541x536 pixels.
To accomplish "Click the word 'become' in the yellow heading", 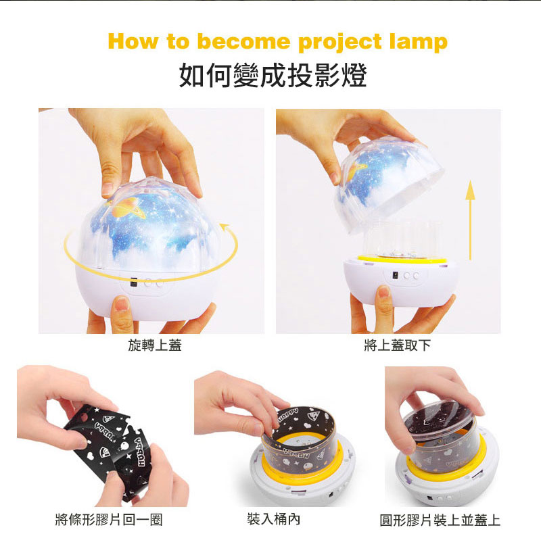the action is [x=243, y=41].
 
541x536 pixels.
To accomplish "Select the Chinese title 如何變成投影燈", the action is [x=273, y=75].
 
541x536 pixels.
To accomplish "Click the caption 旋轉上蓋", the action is [x=155, y=345].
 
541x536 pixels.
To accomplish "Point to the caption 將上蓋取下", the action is [x=397, y=345].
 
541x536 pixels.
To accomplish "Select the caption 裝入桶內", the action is [x=273, y=518].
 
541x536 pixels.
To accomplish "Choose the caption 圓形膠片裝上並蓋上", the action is [x=440, y=520].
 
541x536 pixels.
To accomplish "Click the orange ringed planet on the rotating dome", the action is [x=128, y=209].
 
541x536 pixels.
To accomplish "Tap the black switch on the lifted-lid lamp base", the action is [x=396, y=275].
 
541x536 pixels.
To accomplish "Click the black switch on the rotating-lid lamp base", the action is [x=134, y=281].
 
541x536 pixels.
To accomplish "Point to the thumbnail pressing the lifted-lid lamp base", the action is [x=383, y=292].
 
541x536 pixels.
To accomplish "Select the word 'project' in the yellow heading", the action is [x=339, y=43].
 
